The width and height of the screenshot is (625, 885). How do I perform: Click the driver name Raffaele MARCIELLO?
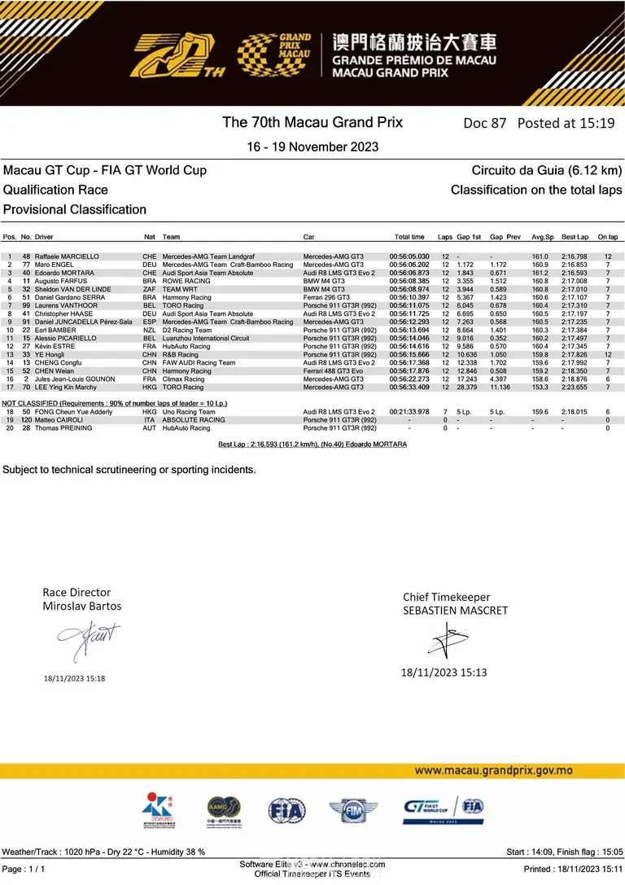(67, 256)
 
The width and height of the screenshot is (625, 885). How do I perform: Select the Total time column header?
(409, 237)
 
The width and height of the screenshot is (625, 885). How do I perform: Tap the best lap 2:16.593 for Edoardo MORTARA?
(574, 273)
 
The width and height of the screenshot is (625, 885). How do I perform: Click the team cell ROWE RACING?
(186, 281)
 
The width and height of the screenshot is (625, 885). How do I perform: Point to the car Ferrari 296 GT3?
(327, 297)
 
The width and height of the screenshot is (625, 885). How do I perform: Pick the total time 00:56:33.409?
(409, 387)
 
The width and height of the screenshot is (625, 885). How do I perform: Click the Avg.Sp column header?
(542, 237)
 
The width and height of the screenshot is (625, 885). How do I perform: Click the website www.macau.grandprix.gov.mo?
(493, 770)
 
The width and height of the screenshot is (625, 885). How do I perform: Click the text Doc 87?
(484, 123)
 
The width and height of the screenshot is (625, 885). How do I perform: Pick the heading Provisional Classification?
(75, 209)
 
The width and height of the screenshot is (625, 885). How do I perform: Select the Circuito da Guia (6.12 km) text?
(546, 170)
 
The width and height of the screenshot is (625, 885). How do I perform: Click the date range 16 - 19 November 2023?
(312, 147)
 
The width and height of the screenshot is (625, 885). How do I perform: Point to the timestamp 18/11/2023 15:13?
(444, 672)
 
